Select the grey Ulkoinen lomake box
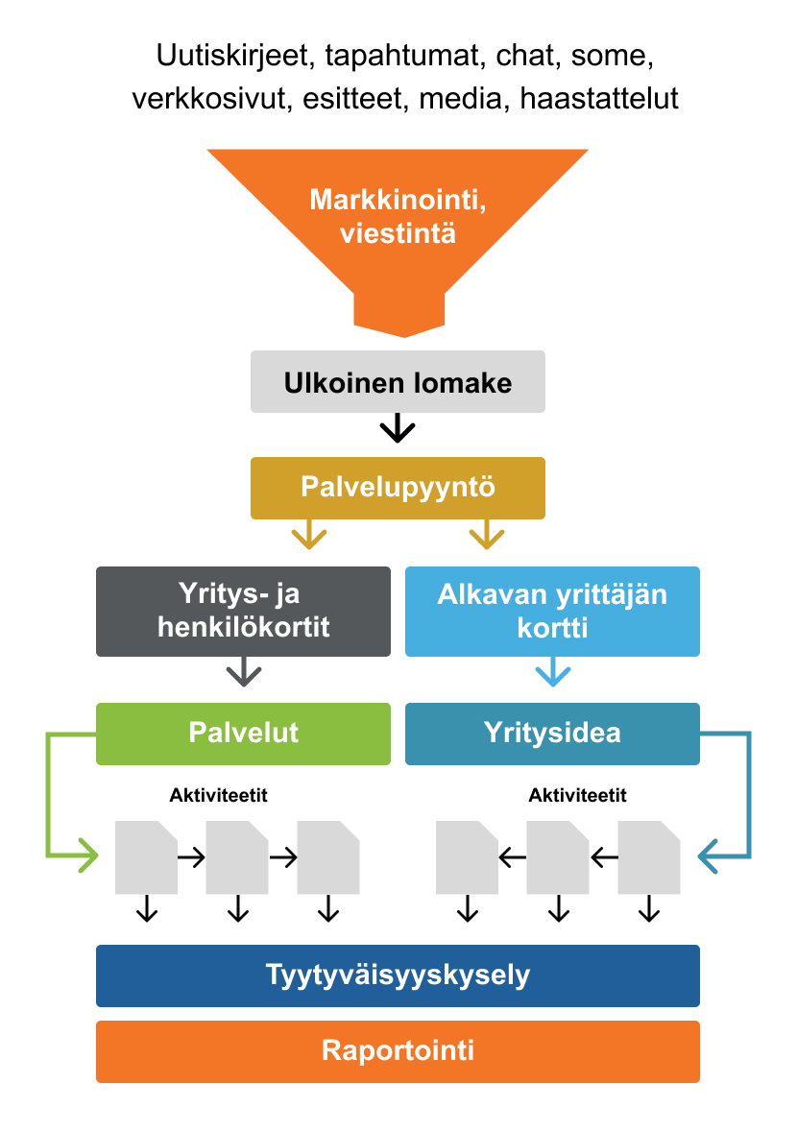(398, 382)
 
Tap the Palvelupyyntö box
(398, 488)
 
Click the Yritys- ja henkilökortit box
(243, 612)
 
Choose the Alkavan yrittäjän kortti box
(552, 612)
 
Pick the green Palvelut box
(243, 734)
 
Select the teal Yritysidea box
(552, 734)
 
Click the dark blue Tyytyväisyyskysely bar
(398, 975)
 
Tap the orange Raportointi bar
(398, 1050)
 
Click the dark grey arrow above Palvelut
(244, 672)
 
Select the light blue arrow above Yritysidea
(552, 672)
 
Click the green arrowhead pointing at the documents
(87, 853)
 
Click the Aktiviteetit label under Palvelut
(217, 795)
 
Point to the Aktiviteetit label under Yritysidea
(578, 795)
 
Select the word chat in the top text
(526, 57)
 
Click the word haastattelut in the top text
(599, 98)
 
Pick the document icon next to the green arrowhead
(146, 857)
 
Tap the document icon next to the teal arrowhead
(648, 857)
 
